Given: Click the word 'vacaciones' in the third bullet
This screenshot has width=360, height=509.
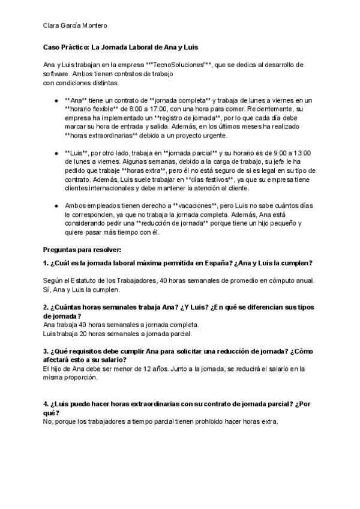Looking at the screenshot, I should point(194,205).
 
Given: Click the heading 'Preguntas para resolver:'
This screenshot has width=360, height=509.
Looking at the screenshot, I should point(82,248).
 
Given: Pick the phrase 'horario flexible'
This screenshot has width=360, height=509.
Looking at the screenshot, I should point(92,110).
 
